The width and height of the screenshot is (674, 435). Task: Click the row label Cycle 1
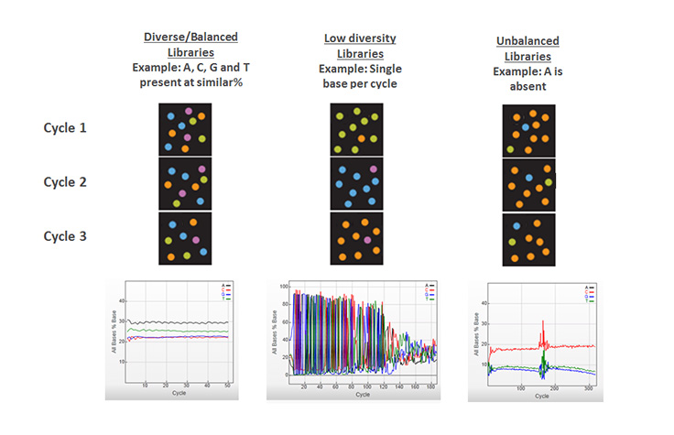[x=65, y=127]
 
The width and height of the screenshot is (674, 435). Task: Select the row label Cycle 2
[x=65, y=181]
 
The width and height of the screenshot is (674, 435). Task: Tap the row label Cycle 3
[x=65, y=235]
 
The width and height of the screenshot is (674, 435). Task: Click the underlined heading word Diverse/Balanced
[x=190, y=37]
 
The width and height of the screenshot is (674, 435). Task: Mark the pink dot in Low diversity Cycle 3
[x=367, y=240]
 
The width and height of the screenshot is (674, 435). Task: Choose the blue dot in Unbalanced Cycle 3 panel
[x=517, y=225]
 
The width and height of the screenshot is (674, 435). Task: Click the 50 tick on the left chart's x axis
[x=228, y=387]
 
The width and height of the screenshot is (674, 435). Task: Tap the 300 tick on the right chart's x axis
[x=588, y=387]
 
